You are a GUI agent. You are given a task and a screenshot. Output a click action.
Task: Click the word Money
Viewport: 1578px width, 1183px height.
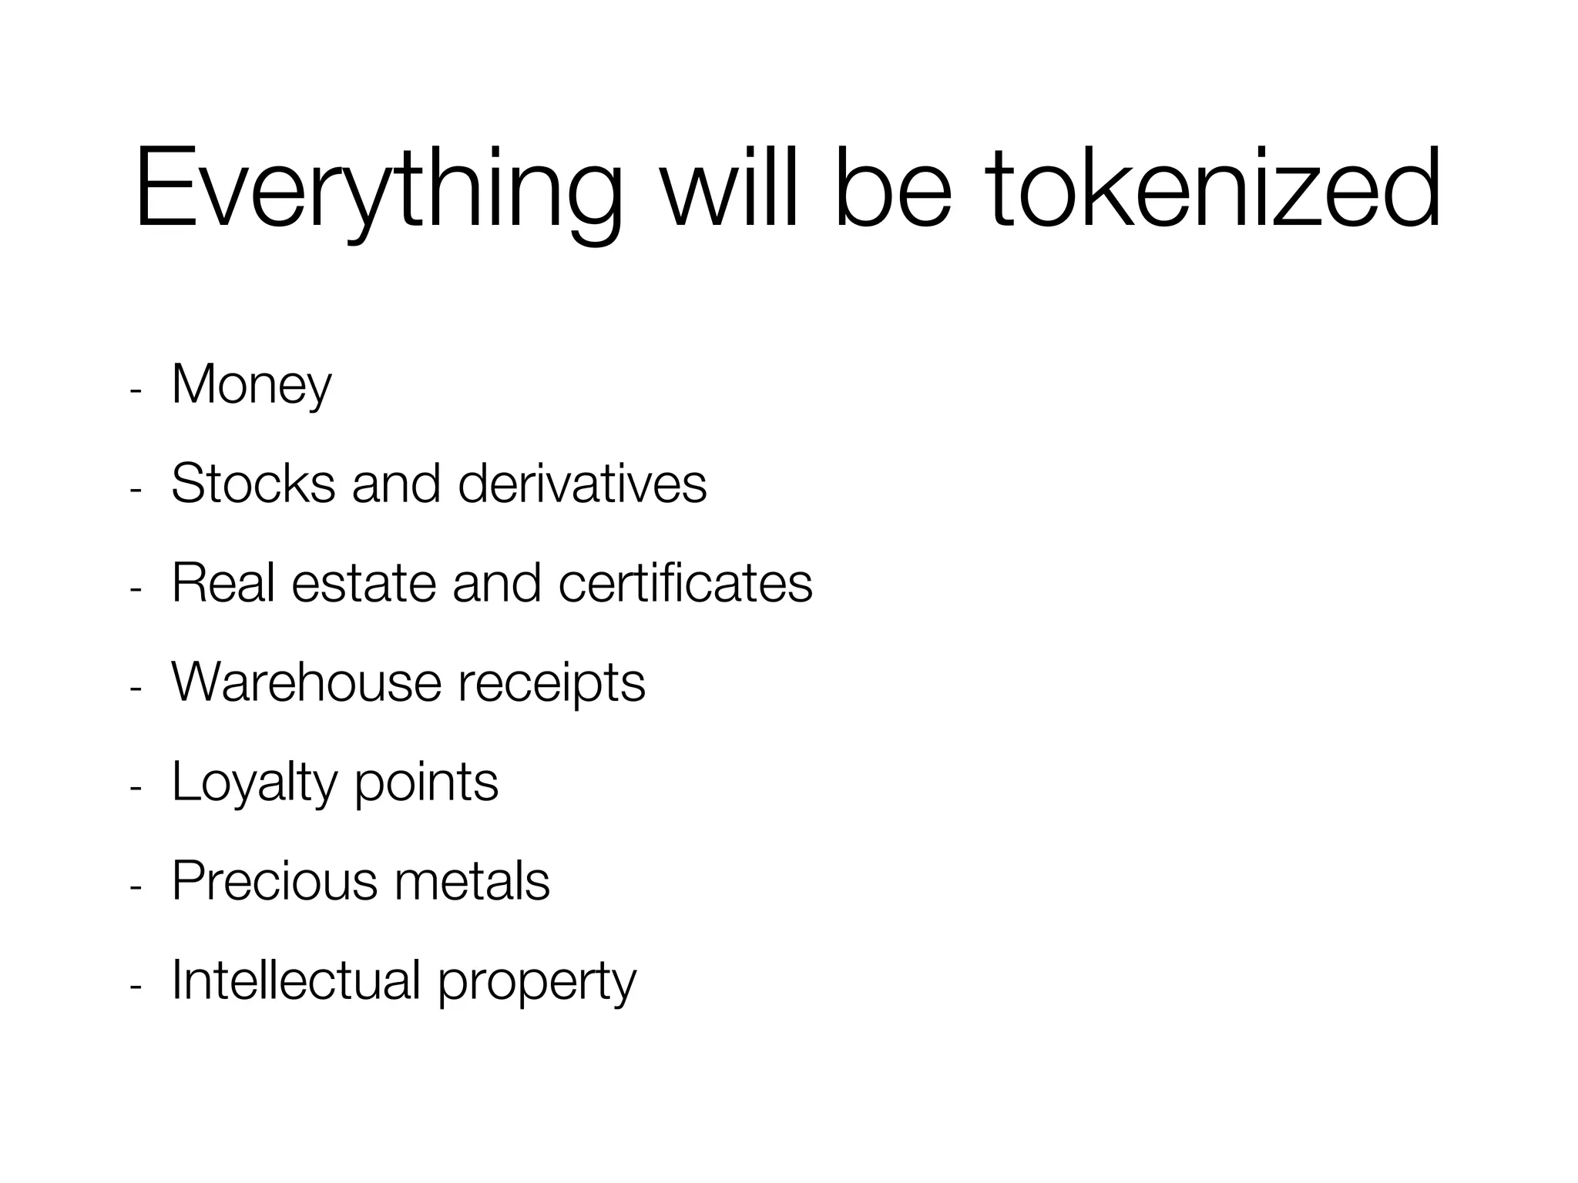[x=251, y=385]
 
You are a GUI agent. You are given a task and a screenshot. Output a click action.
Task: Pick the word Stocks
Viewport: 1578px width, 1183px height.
[x=253, y=484]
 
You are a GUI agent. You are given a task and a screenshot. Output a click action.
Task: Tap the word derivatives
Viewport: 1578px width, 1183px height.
[x=582, y=484]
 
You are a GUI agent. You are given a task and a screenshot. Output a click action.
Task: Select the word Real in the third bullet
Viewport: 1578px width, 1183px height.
[x=223, y=582]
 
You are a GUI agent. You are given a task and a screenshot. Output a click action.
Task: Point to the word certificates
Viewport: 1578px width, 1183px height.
[x=685, y=582]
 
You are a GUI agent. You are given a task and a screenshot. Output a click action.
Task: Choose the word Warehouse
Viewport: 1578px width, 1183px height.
[x=307, y=682]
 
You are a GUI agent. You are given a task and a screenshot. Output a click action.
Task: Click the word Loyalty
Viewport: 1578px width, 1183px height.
[x=255, y=783]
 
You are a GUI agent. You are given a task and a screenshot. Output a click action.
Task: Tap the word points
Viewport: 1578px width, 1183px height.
[x=426, y=783]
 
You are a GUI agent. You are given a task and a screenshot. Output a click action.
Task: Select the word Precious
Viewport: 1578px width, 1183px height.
[x=274, y=880]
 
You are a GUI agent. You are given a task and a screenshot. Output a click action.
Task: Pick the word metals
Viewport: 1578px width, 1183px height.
[x=472, y=880]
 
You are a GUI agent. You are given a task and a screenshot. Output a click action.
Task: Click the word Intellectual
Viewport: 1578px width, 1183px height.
[x=296, y=980]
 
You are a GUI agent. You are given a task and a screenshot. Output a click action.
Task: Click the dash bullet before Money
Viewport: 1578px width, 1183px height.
[x=136, y=391]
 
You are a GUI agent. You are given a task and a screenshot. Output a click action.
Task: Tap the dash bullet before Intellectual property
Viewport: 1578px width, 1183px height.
[x=136, y=987]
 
